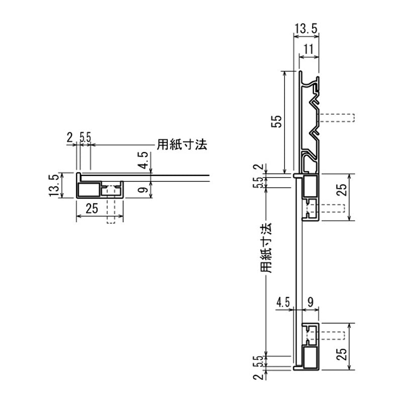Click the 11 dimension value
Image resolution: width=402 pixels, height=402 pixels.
[309, 49]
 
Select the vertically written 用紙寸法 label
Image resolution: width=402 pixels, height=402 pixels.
[266, 248]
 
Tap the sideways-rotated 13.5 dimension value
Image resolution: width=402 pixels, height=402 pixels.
[55, 186]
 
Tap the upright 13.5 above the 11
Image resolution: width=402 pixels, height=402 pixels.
[305, 30]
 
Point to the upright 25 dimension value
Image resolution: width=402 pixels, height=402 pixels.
[91, 209]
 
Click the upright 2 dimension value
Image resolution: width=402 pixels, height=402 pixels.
[69, 136]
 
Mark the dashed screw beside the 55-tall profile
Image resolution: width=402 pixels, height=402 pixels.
[337, 118]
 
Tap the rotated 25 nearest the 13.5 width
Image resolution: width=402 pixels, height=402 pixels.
[342, 189]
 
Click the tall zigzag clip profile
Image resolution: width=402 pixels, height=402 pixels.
[310, 123]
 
